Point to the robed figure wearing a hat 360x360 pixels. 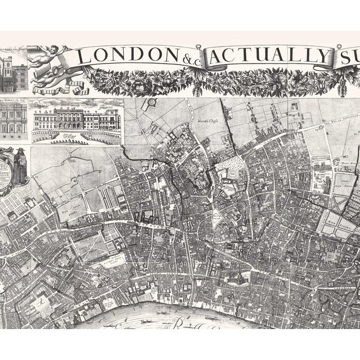tap(20, 165)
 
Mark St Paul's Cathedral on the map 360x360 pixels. tap(238, 277)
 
